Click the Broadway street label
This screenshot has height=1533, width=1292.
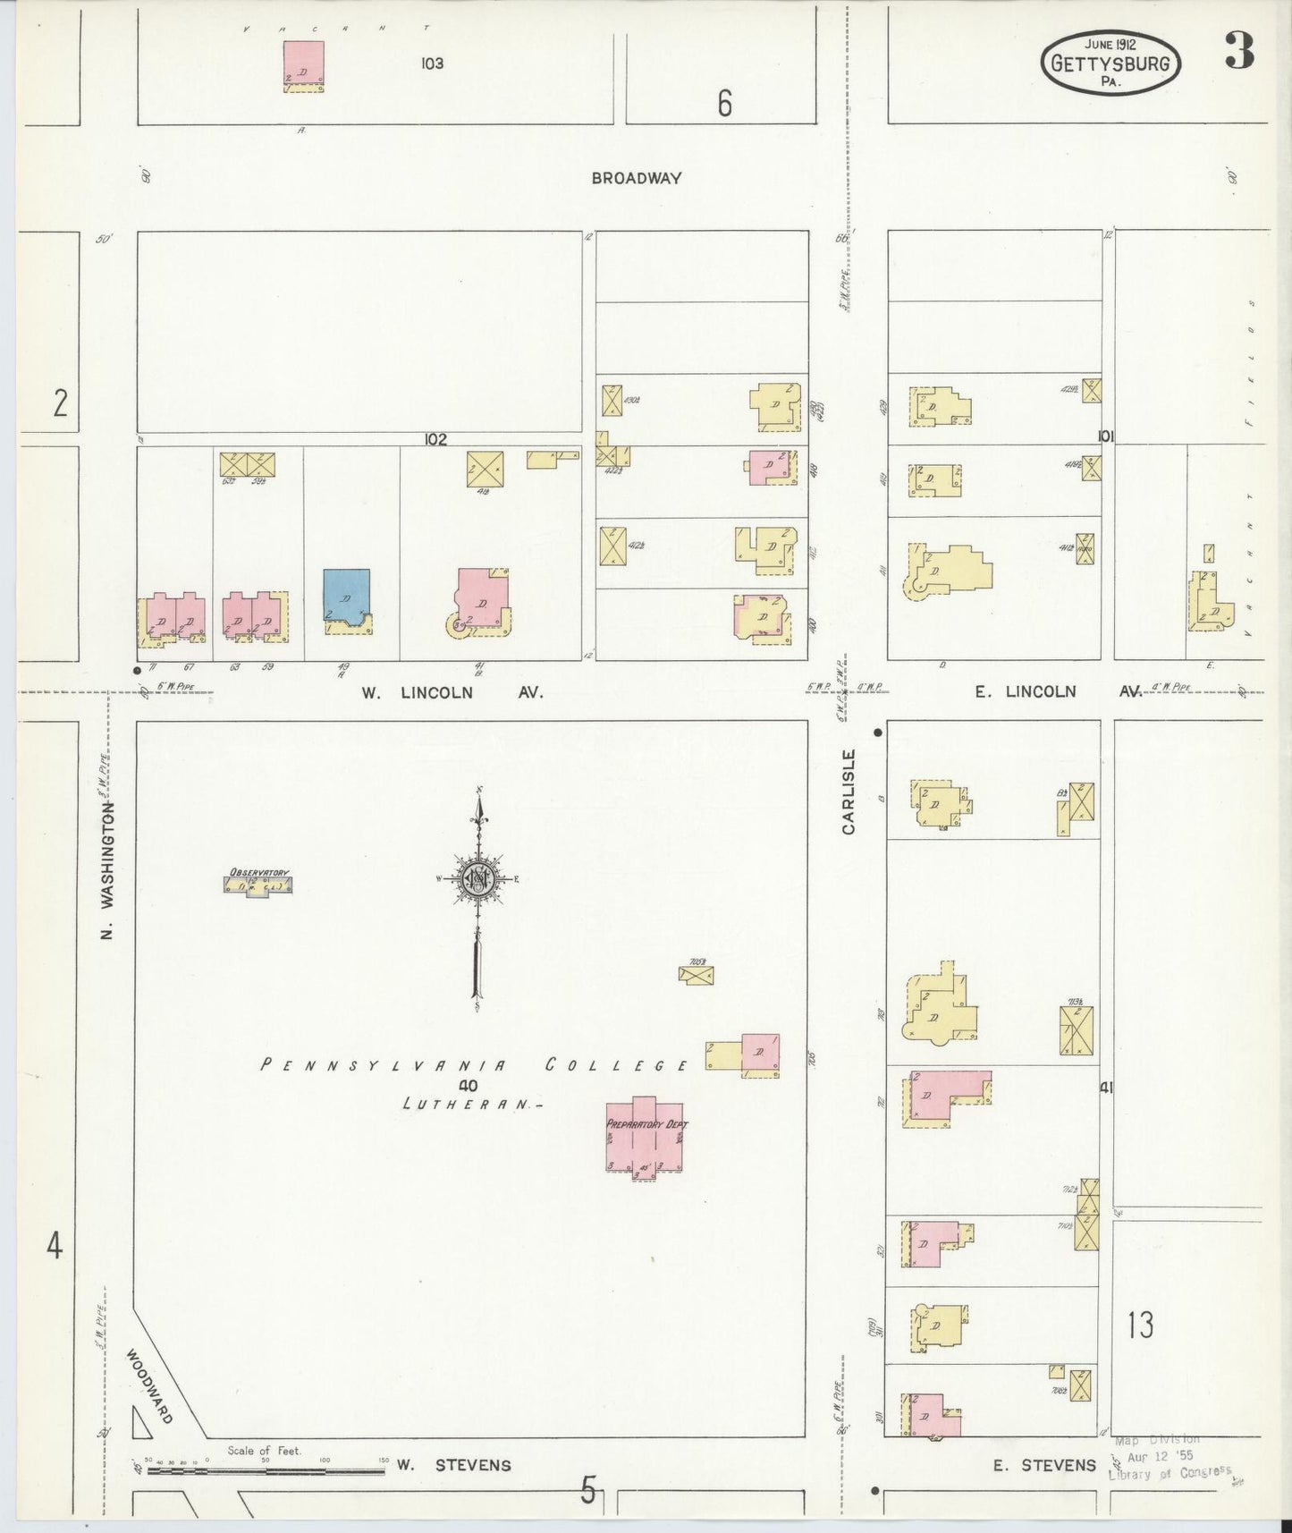coord(636,178)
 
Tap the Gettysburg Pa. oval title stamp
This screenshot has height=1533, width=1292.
coord(1110,63)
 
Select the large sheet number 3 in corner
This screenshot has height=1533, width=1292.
coord(1238,52)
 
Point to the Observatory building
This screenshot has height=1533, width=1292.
coord(258,885)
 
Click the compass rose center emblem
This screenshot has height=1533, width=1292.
coord(478,879)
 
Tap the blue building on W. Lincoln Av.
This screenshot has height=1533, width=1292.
coord(347,595)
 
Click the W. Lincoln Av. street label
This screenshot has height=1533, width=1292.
coord(452,691)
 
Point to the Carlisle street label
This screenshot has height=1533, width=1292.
coord(849,792)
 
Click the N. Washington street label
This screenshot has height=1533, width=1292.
coord(107,869)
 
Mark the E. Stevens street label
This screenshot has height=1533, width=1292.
coord(1043,1465)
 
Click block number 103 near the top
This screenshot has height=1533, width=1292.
coord(432,64)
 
